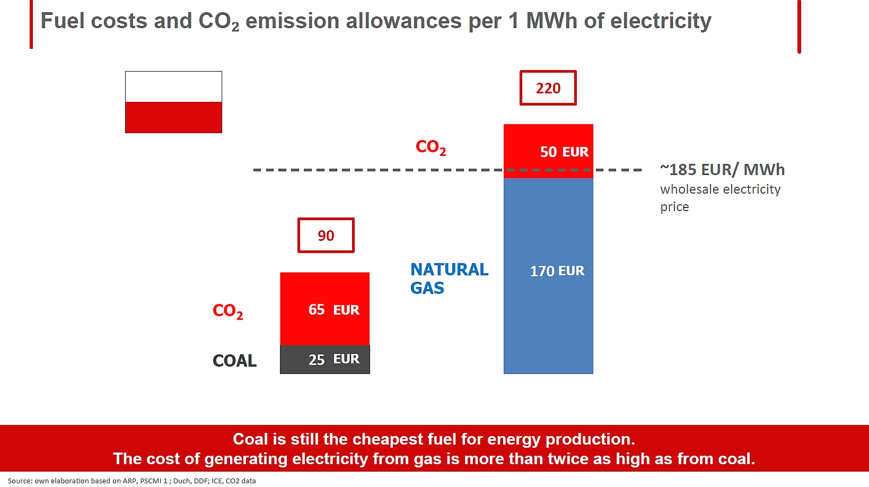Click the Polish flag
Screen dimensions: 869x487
(x=173, y=102)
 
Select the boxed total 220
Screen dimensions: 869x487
(x=548, y=88)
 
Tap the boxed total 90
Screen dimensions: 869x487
(x=326, y=235)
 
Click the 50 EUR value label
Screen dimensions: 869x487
(x=564, y=152)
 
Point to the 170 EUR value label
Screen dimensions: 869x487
(x=557, y=271)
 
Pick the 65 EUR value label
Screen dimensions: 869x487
(x=333, y=310)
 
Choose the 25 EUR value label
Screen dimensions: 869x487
(x=333, y=359)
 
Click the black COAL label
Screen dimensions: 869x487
(x=234, y=361)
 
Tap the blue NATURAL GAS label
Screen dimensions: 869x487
(x=449, y=279)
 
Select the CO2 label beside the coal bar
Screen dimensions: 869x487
(x=228, y=311)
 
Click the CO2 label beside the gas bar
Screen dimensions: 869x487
(x=431, y=147)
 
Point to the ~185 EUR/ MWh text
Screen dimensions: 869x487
(x=722, y=170)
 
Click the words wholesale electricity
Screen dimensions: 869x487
(x=721, y=189)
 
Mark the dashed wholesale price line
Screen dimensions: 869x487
(x=447, y=170)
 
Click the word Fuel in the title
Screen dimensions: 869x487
(x=63, y=21)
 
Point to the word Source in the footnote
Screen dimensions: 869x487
(x=20, y=481)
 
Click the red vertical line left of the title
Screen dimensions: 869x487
(x=31, y=24)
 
